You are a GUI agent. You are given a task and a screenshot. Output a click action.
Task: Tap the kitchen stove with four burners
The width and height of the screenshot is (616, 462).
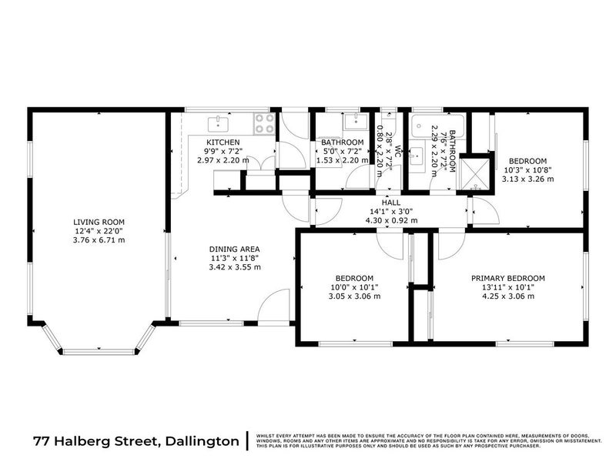(264, 123)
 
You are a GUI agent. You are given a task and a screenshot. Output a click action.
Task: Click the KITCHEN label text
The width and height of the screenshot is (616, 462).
(223, 142)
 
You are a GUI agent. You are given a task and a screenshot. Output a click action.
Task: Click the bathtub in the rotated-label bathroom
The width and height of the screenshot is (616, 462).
(424, 127)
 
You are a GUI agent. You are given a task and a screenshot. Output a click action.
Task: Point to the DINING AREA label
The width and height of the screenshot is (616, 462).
(234, 249)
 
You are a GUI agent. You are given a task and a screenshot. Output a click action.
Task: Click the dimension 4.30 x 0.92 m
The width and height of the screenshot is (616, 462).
(393, 219)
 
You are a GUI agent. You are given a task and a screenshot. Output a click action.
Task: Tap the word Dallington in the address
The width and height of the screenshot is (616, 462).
(200, 441)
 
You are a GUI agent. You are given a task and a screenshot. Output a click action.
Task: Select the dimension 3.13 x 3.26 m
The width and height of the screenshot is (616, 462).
(528, 179)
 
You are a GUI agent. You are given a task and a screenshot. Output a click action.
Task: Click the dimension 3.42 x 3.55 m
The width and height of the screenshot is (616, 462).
(234, 267)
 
